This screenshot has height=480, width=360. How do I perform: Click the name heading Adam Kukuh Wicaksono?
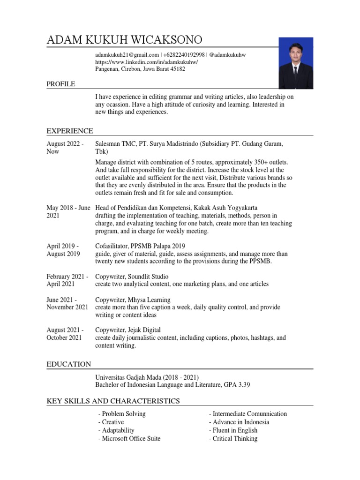(125, 40)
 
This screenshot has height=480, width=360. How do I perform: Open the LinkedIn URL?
(147, 62)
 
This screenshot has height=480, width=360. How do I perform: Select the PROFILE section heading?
(60, 84)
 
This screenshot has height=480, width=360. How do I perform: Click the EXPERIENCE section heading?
(69, 131)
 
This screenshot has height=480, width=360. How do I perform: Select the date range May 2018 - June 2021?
(68, 211)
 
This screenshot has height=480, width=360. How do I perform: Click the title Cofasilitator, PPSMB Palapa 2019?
(140, 246)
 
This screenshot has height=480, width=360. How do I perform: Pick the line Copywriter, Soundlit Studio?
(132, 277)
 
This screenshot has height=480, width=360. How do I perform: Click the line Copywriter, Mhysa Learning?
(133, 300)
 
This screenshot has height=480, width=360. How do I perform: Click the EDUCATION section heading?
(68, 364)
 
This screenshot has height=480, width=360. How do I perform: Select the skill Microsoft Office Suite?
(129, 438)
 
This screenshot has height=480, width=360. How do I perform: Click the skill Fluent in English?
(233, 430)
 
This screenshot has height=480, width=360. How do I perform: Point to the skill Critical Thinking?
(233, 438)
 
